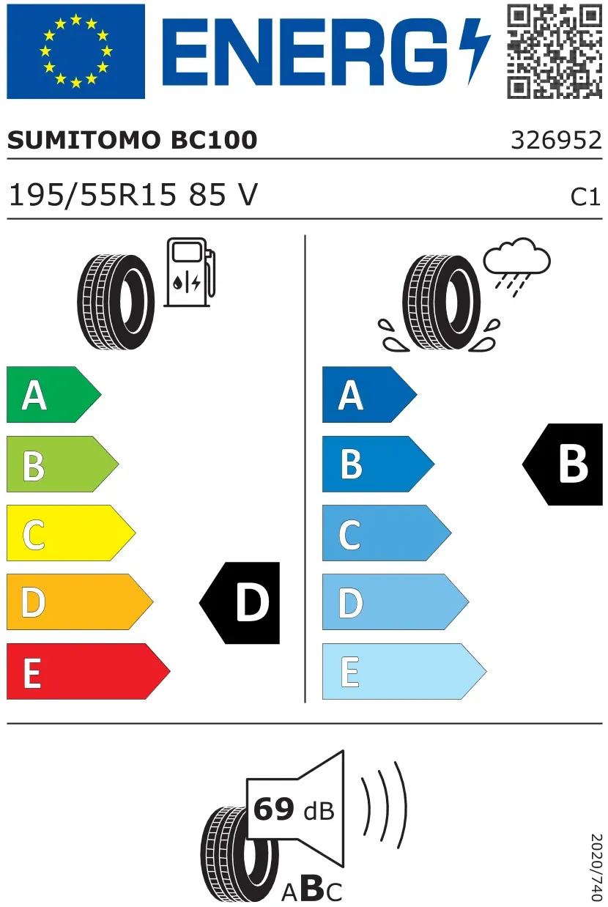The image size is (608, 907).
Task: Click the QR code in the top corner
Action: coord(555,51)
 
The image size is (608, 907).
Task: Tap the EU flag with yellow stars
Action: coord(75,51)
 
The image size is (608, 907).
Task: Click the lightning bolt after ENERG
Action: coord(474,51)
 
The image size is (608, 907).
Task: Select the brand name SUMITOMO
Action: coord(84,140)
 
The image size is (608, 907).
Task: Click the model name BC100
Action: coord(214,140)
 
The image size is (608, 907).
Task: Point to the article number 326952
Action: coord(557,140)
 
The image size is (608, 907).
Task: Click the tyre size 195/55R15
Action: coord(93,195)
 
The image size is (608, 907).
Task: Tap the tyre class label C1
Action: coord(585,198)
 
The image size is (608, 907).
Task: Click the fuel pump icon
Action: coord(190,272)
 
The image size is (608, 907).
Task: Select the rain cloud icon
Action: coord(517,265)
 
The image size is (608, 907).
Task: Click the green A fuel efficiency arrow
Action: coord(53,394)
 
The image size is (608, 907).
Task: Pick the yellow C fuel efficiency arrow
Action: coord(71,533)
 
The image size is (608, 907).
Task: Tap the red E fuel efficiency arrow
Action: coord(88,671)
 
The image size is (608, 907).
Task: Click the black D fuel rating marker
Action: coord(240,603)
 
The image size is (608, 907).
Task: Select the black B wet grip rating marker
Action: coord(563,464)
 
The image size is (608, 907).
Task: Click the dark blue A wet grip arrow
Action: coord(370,394)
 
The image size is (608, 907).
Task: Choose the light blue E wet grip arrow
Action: coord(404,671)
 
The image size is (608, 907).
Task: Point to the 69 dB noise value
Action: coord(294,810)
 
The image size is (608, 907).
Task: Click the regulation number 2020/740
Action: coord(596,868)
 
